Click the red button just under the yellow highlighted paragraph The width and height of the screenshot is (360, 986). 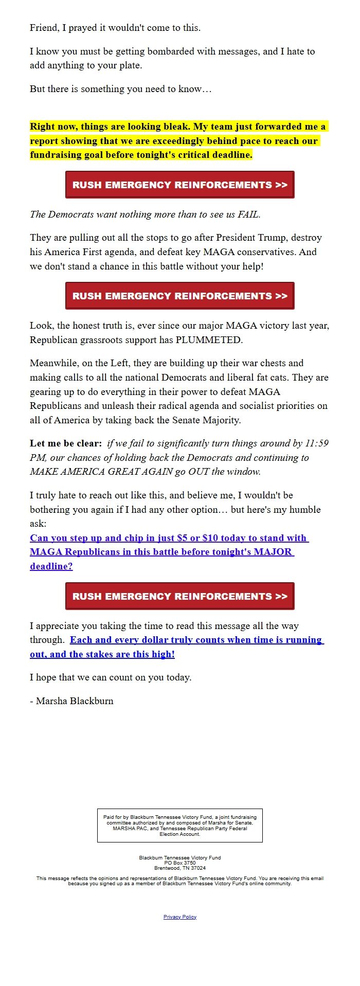179,185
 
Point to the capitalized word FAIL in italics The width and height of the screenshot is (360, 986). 248,214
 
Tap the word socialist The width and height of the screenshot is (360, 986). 265,406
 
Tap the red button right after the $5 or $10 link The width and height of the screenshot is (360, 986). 179,596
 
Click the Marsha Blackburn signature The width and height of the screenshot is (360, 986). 75,701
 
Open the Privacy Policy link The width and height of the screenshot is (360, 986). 179,917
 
